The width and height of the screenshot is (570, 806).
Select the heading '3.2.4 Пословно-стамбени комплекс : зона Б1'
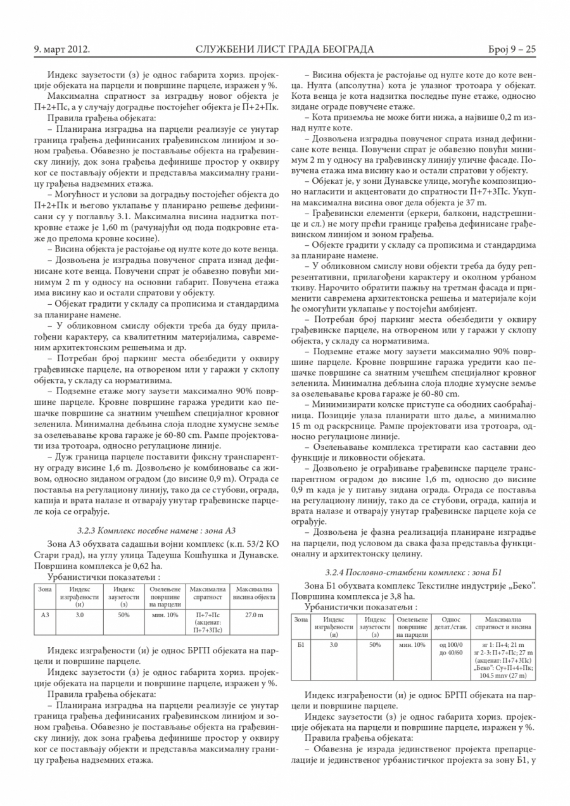[413, 572]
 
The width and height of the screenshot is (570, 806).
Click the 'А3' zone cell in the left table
[44, 615]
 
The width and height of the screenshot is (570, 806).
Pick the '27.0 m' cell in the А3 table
[253, 615]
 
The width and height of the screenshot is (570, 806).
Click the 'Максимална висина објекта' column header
[253, 594]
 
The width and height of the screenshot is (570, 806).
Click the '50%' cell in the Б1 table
[375, 644]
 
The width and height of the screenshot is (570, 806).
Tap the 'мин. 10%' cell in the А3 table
[165, 615]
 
